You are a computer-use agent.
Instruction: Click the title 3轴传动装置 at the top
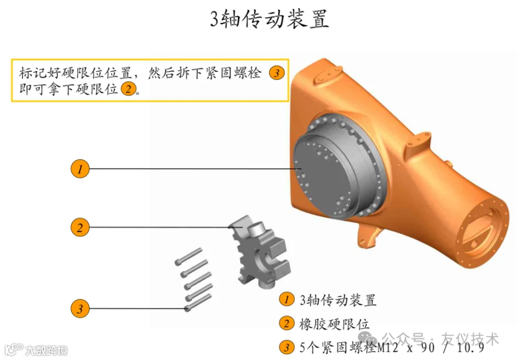point(269,19)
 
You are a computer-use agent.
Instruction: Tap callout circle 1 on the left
point(80,169)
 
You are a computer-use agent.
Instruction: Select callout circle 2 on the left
point(80,228)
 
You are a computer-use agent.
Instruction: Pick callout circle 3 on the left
point(80,308)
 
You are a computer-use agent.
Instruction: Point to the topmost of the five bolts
point(188,257)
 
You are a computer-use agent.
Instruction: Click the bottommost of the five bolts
point(198,303)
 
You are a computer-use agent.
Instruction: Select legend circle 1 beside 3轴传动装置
point(286,299)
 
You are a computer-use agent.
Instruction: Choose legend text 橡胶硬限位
point(334,324)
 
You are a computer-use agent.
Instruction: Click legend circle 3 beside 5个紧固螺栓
point(286,347)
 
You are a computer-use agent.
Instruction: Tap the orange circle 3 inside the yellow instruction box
point(276,73)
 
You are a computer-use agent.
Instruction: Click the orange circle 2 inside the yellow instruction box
point(128,88)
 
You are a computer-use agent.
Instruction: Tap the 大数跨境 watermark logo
point(36,350)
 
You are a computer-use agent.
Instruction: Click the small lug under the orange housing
point(368,235)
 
